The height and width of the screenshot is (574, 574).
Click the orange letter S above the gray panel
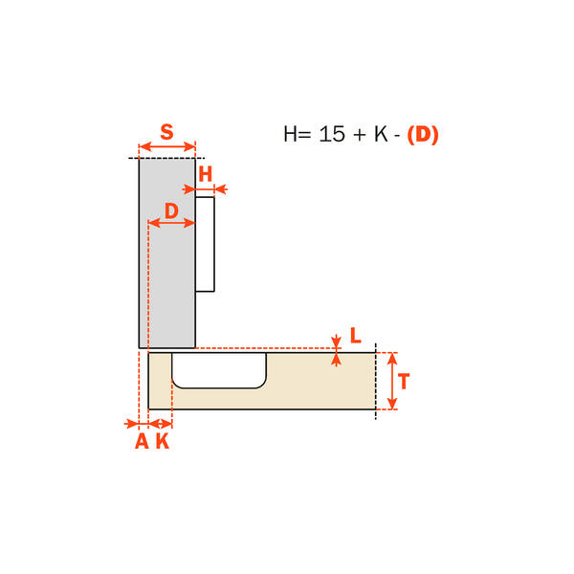[166, 132]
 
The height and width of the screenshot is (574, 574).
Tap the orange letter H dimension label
[206, 174]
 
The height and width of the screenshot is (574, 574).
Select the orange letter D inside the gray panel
[171, 210]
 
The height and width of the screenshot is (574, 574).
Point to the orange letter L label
[356, 335]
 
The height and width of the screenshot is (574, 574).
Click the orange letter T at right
[404, 381]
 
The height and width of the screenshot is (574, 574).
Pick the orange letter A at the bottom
[142, 441]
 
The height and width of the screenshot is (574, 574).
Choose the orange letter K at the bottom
[163, 441]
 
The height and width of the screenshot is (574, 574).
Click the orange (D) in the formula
[423, 134]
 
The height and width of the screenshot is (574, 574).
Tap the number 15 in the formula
[332, 134]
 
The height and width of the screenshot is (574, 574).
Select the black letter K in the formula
[381, 134]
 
